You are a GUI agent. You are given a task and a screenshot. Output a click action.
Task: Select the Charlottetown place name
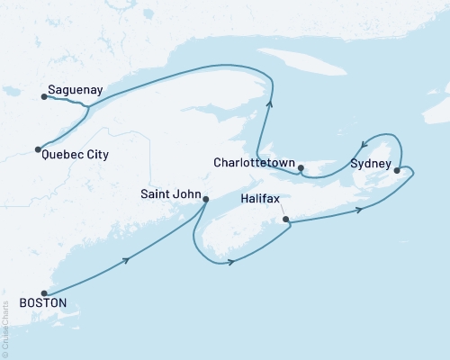click(254, 163)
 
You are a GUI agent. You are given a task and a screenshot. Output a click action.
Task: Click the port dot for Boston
click(43, 292)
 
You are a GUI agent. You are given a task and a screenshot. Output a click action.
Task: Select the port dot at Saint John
click(206, 199)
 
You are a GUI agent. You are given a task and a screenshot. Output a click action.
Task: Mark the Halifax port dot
click(285, 219)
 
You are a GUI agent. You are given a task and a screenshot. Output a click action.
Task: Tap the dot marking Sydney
click(397, 167)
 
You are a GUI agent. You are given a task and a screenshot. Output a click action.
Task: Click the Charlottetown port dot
click(301, 166)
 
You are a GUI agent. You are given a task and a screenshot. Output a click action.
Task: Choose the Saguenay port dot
click(42, 97)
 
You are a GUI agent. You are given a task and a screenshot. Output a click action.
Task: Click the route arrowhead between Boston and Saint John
click(126, 260)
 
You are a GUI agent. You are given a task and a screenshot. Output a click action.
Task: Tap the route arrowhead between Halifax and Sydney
click(360, 210)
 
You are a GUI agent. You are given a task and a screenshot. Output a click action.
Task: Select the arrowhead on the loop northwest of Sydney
click(363, 144)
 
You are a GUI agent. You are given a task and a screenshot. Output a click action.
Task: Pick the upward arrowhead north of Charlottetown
click(268, 107)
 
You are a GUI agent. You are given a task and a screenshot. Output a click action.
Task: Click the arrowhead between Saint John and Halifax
click(232, 262)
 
